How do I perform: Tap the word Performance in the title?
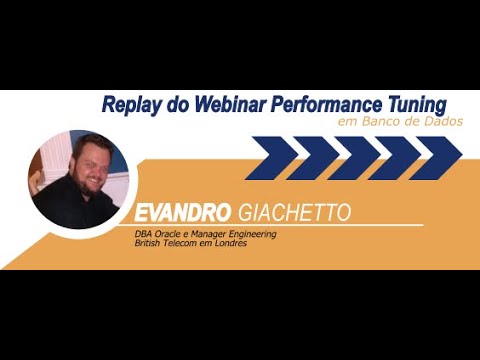tap(324, 105)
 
